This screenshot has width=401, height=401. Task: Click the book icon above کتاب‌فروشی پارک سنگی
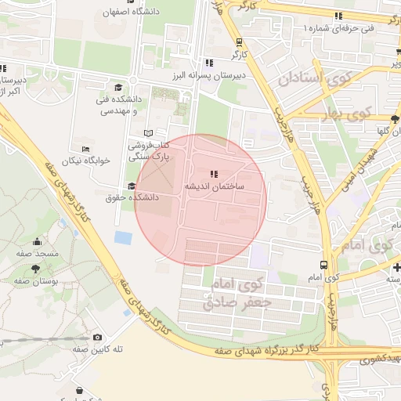click(149, 133)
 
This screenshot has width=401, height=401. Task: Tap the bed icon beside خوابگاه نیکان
click(85, 149)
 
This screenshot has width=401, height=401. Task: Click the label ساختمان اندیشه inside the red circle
click(215, 187)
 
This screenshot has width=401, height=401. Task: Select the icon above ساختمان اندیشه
click(215, 174)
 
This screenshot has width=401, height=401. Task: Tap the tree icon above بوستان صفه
click(15, 269)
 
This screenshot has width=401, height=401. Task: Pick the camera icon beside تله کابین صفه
click(97, 338)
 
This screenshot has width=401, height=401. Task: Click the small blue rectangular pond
click(123, 237)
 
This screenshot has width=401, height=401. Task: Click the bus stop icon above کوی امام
click(323, 266)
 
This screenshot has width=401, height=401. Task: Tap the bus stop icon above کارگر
click(239, 43)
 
